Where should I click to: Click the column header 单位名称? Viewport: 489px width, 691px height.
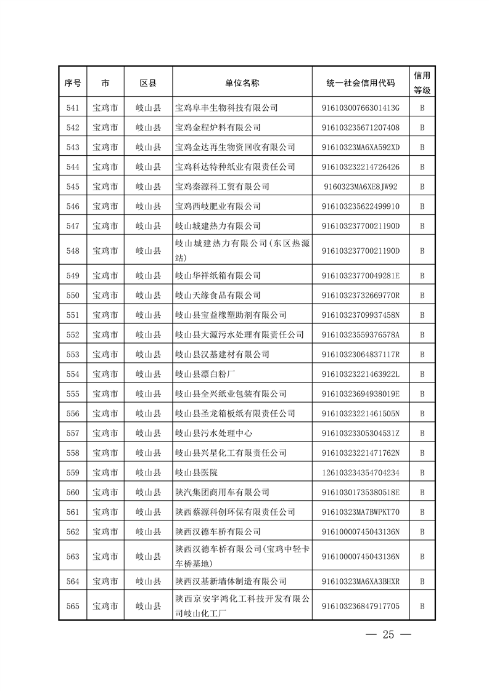242,83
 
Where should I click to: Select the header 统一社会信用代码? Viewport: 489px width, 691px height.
361,83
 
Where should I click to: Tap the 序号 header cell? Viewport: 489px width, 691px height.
72,83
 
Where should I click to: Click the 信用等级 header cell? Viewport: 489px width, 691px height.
422,82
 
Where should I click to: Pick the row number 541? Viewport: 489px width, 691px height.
72,108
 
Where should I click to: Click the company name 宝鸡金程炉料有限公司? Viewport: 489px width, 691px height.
218,127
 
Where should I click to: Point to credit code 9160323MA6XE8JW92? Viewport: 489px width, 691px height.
361,187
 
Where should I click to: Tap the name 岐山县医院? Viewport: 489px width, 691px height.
196,472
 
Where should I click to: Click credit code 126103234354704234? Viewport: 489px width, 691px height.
361,472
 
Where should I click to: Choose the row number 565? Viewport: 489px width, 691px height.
72,606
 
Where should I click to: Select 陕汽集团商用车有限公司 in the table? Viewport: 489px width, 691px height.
222,492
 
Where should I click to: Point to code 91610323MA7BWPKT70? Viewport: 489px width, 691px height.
361,512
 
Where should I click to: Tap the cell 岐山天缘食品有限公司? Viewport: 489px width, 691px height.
218,295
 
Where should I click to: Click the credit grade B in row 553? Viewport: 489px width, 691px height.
422,354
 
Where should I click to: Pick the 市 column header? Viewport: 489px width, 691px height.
105,83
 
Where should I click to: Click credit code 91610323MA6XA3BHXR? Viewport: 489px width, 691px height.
361,581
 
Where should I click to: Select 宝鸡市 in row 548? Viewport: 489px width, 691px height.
105,251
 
